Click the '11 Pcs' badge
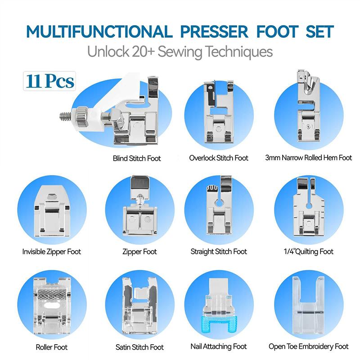[50, 81]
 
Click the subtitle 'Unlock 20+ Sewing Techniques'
[180, 51]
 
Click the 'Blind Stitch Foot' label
[137, 158]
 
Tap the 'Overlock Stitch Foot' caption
[219, 158]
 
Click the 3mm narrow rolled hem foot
[308, 110]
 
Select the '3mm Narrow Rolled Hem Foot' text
[308, 158]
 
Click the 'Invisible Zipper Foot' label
[52, 252]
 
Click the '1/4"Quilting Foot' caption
[309, 252]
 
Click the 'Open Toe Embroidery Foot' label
[309, 346]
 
